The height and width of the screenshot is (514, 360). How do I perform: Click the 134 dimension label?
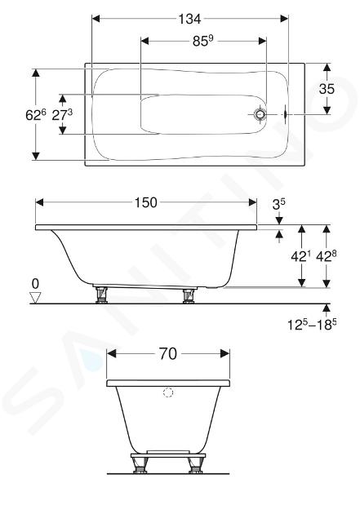point(189,19)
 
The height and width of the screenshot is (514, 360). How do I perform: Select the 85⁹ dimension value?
point(203,41)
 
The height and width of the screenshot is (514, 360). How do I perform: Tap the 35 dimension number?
point(327,89)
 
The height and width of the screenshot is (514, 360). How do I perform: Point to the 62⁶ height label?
point(36,114)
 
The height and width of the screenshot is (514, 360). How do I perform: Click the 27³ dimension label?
point(62,114)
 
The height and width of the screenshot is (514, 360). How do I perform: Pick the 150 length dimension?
point(146,202)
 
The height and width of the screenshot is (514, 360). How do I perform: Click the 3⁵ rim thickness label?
point(278,204)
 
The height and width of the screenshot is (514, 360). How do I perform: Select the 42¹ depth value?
point(300,256)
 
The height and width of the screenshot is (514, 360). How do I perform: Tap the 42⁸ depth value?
point(327,256)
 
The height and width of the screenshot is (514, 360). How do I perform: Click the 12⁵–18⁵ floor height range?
point(312,324)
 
